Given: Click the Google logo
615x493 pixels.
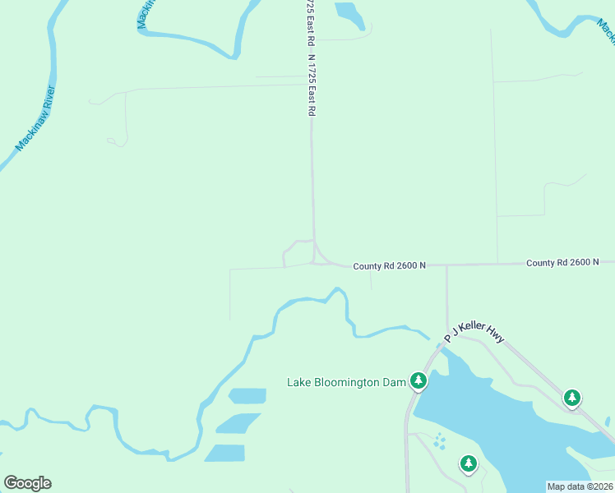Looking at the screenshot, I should coord(27,483).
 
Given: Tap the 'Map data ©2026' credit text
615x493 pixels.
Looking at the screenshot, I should coord(580,486).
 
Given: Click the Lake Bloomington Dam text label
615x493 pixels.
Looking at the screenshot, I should coord(344,382).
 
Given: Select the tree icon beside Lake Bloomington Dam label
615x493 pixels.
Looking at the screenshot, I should coord(418,380).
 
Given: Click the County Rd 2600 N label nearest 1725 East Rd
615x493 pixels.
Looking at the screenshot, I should coord(390,266).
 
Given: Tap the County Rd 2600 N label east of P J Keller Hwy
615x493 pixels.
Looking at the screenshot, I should coord(563,263).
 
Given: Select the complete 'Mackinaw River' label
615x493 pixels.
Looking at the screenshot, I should coord(35,119).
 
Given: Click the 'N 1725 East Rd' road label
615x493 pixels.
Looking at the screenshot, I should coord(312,85).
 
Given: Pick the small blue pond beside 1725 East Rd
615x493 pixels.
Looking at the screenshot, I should coord(349,15).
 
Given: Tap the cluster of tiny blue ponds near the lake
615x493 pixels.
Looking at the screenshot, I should coord(440,441).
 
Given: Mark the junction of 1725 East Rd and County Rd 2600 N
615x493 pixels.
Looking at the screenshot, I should coord(315,261).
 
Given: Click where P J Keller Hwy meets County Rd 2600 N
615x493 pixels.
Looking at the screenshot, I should coord(446,265).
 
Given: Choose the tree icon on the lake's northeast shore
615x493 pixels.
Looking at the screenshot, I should coord(571,398).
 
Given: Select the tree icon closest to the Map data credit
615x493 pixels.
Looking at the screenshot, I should coord(469,463).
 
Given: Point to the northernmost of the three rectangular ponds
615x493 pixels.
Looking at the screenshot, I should coord(247,396).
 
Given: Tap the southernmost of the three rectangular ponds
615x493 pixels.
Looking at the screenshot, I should coord(225,453).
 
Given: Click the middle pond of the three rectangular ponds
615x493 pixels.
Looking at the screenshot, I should coord(238,423).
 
